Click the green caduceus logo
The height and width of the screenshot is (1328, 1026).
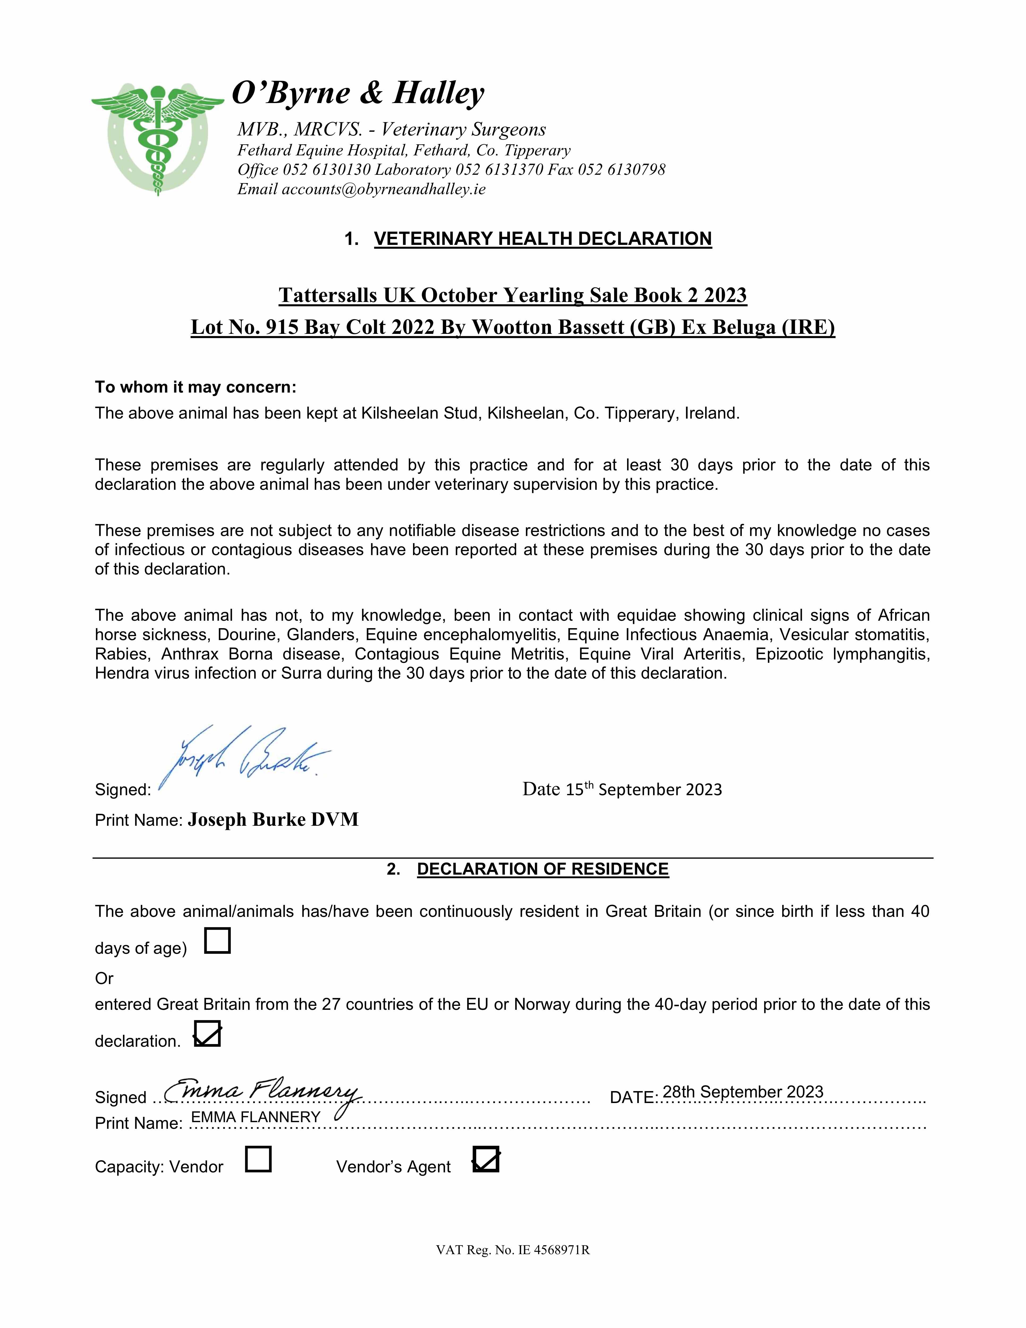point(157,139)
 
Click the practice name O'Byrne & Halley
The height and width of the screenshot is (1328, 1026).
point(358,93)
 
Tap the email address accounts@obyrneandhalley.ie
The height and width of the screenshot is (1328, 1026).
point(383,189)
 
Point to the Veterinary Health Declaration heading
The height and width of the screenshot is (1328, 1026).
point(543,238)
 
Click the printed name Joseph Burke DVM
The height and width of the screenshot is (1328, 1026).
point(273,820)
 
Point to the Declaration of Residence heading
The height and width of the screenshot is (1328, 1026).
point(543,869)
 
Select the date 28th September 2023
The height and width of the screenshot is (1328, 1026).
point(743,1091)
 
